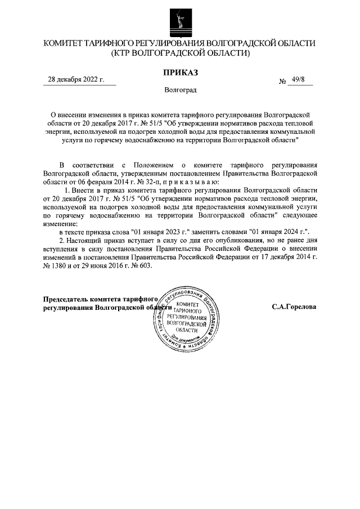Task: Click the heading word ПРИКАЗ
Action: tap(180, 72)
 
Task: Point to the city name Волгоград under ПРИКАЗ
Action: tap(180, 90)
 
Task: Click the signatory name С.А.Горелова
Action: tap(294, 308)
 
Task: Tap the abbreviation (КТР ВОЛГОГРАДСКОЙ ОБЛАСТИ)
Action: tap(180, 53)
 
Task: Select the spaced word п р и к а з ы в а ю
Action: tap(194, 183)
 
